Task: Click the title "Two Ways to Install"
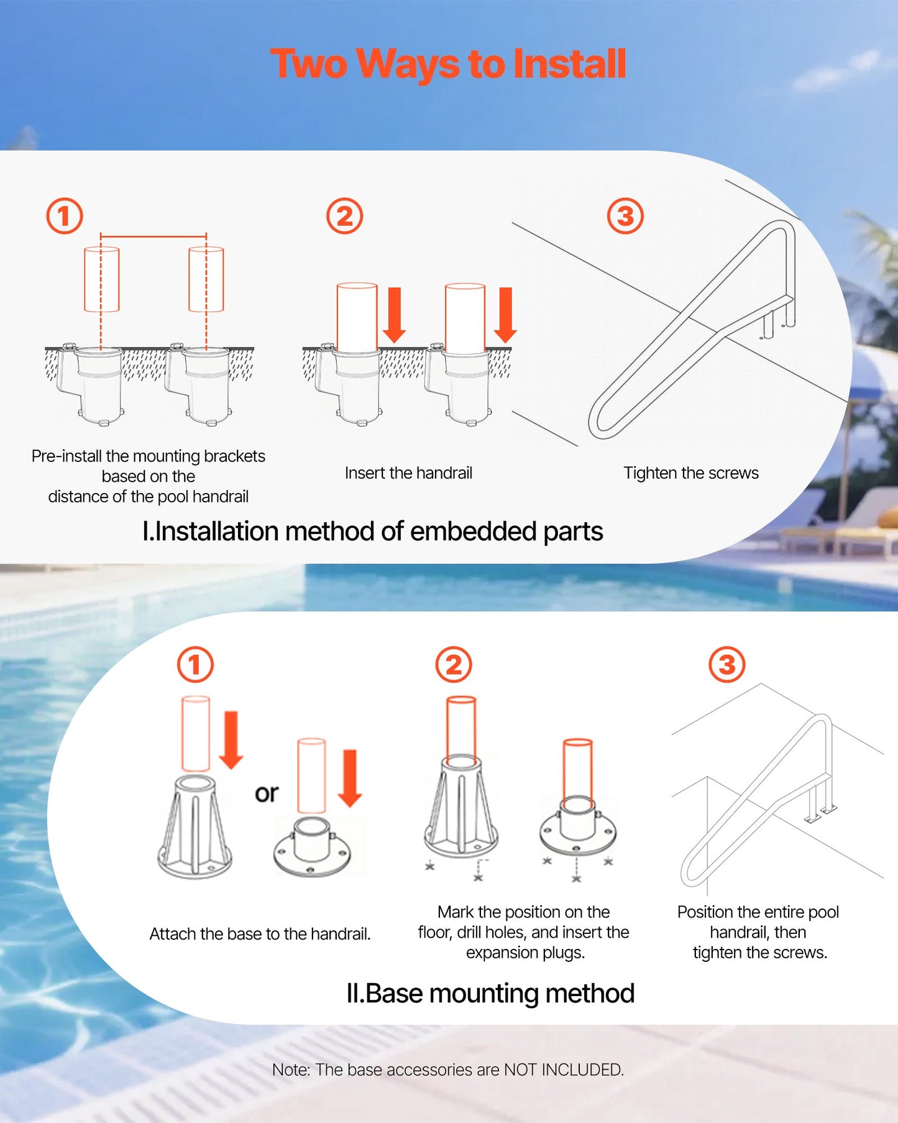coord(448,64)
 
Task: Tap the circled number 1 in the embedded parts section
coord(65,216)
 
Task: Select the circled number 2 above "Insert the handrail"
coord(344,216)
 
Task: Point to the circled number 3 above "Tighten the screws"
coord(625,216)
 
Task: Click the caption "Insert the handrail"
coord(408,473)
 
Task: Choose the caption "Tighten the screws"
coord(691,473)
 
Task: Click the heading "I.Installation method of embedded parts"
coord(373,532)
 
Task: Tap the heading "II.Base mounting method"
coord(490,993)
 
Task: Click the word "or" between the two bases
coord(267,793)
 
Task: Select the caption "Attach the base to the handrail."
coord(260,934)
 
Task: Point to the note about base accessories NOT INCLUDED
coord(448,1070)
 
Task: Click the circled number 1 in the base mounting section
coord(195,664)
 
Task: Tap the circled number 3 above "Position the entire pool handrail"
coord(727,664)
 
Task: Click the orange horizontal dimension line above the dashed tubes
coord(153,236)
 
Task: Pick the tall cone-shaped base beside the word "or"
coord(195,827)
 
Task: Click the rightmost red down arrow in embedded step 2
coord(505,315)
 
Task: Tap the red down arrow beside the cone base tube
coord(231,740)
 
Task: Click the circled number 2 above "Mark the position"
coord(454,664)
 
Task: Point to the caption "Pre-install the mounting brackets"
coord(149,456)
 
